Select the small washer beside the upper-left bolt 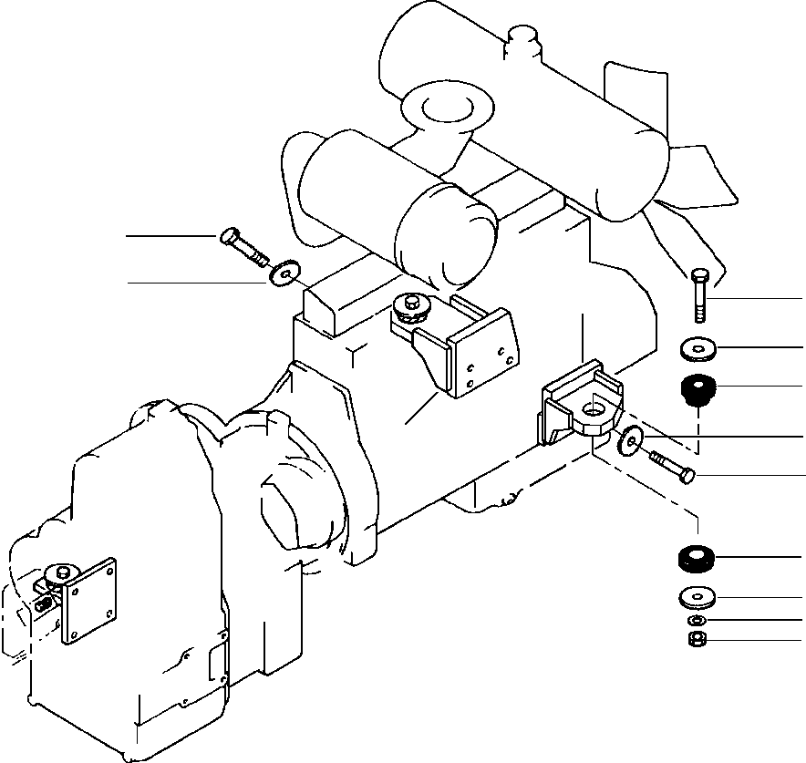(286, 272)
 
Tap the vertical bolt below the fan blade (699, 294)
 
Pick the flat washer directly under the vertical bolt (697, 347)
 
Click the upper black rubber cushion (697, 392)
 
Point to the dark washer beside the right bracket (629, 441)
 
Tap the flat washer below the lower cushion (697, 598)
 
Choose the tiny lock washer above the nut (697, 621)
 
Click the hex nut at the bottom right (697, 640)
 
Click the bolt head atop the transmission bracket (61, 572)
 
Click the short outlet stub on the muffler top (523, 40)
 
